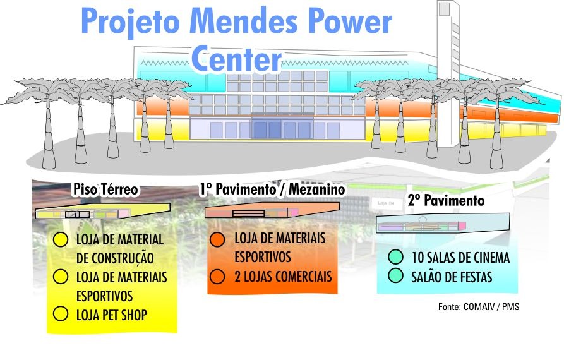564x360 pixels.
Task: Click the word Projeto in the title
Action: (x=130, y=21)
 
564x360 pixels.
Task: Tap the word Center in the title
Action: (x=236, y=59)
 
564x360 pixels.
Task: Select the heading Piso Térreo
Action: (x=105, y=189)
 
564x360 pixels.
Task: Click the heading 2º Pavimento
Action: (x=446, y=200)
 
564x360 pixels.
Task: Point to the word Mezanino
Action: (x=317, y=189)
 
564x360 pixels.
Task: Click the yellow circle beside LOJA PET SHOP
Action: (x=61, y=313)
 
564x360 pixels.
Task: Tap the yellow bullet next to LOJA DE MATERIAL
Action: (x=61, y=239)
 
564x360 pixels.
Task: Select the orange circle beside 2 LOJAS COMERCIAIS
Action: (x=217, y=277)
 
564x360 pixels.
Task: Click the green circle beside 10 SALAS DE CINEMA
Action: (x=395, y=257)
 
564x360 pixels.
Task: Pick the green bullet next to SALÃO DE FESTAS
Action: (x=395, y=275)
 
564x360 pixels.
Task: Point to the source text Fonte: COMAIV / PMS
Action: (x=479, y=307)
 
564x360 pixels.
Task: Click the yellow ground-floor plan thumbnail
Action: (x=102, y=212)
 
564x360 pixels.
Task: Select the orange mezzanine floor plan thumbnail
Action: (x=272, y=210)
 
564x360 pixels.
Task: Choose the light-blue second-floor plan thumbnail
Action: (x=443, y=224)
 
